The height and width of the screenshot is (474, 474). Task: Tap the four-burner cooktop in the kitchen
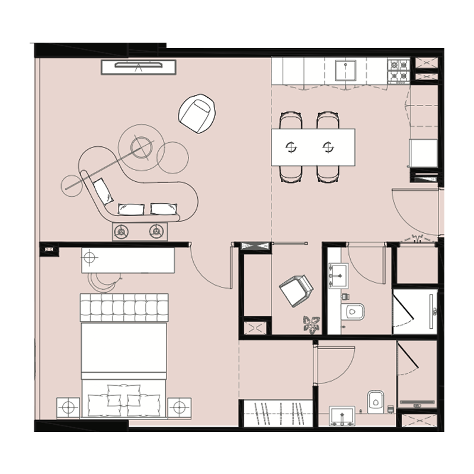[x=398, y=70]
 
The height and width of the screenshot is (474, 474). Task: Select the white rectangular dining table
[x=313, y=146]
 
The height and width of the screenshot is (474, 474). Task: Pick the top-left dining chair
[x=291, y=120]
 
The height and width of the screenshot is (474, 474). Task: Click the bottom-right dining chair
[x=328, y=174]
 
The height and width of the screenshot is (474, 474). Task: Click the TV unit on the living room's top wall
[x=139, y=66]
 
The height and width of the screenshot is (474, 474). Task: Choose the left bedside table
[x=68, y=408]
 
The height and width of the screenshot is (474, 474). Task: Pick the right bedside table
[x=179, y=408]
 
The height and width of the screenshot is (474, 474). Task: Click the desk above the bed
[x=128, y=260]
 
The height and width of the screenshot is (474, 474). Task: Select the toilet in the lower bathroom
[x=376, y=401]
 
